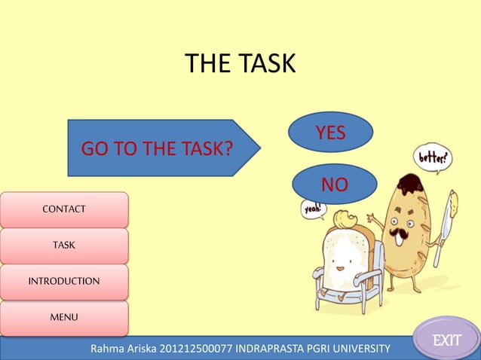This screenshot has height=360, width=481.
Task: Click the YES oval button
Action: [330, 133]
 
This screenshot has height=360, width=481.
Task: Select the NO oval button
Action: [334, 184]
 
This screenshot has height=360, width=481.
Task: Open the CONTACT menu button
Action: [63, 209]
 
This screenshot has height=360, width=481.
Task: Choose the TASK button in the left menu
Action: [63, 245]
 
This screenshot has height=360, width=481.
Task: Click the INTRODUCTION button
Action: [63, 281]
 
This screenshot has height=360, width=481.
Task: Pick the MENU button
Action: [63, 317]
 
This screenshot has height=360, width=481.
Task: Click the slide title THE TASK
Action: [240, 64]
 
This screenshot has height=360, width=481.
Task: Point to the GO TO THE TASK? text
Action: [156, 148]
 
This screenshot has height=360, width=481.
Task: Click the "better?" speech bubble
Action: [432, 159]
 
